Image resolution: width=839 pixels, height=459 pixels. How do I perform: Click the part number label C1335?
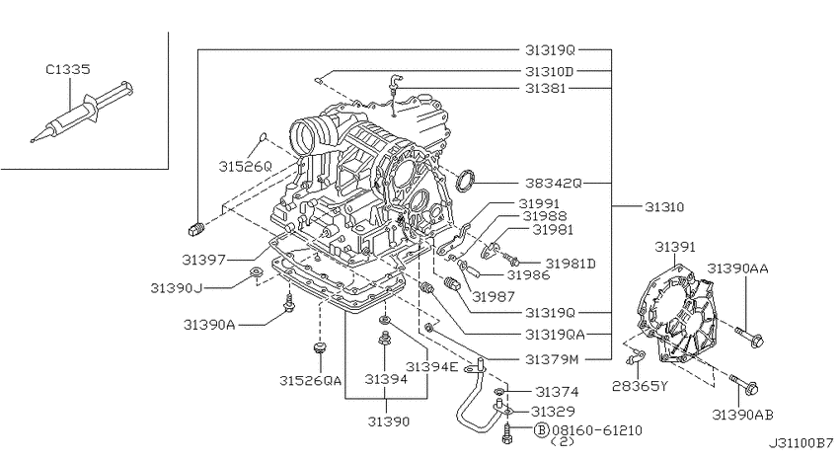(x=68, y=69)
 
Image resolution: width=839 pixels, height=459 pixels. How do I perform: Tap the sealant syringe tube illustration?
(x=82, y=112)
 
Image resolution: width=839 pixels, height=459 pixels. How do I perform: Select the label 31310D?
(x=549, y=71)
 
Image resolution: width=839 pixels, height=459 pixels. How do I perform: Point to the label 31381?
(x=545, y=88)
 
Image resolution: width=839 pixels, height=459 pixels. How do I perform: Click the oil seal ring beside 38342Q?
(x=466, y=180)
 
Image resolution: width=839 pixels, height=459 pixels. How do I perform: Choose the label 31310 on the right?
(x=664, y=207)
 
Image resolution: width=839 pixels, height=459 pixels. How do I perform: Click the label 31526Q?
(x=245, y=167)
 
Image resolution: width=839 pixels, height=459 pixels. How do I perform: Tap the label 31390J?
(x=177, y=288)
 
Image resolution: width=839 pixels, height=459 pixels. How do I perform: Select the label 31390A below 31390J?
(x=209, y=325)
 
